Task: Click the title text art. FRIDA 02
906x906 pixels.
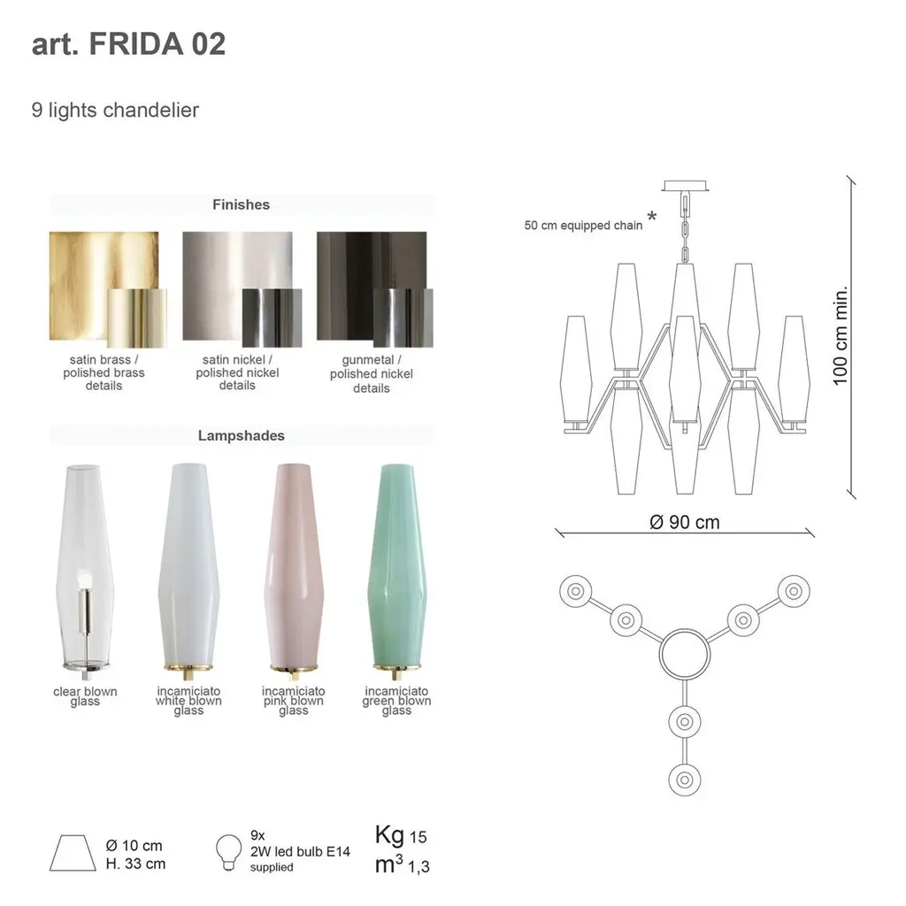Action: [x=128, y=44]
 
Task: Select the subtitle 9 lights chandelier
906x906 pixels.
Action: [x=115, y=110]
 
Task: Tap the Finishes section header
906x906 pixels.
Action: [x=241, y=204]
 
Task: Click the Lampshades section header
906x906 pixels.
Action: [x=241, y=435]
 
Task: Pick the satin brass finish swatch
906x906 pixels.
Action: [x=107, y=289]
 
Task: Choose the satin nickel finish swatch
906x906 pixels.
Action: [x=242, y=289]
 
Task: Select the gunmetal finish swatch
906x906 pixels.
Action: [x=374, y=289]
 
